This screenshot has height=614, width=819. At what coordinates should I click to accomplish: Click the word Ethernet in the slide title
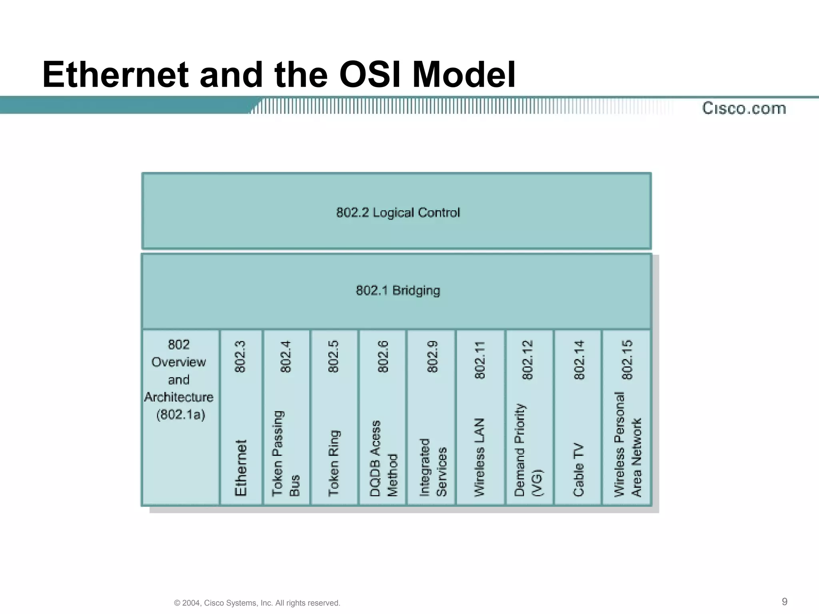point(115,75)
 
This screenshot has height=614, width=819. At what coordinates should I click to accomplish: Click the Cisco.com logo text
point(744,108)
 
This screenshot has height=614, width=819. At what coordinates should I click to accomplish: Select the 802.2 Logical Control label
point(398,212)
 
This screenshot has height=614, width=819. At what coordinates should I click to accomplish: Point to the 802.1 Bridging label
point(398,290)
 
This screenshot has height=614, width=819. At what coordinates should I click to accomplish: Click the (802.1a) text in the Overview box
point(180,415)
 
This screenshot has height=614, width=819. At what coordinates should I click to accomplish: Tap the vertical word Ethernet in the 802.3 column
point(241,468)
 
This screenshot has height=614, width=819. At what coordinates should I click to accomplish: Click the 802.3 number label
point(240,357)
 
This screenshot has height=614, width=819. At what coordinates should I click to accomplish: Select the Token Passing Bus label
point(286,454)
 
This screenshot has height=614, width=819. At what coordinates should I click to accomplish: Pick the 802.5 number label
point(333,357)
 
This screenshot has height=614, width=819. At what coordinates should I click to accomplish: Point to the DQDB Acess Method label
point(383,459)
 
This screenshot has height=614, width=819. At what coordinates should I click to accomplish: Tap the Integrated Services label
point(432,468)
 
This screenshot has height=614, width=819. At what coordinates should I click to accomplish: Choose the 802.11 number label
point(479,360)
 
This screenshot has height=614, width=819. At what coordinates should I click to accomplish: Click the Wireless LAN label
point(479,457)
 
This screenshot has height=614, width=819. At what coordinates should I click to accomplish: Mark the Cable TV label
point(578,469)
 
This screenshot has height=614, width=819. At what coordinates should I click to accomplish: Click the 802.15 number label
point(627,360)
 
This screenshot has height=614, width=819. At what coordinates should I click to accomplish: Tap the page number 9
point(784,602)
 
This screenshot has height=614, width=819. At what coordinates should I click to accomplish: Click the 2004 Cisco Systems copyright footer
point(257,603)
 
